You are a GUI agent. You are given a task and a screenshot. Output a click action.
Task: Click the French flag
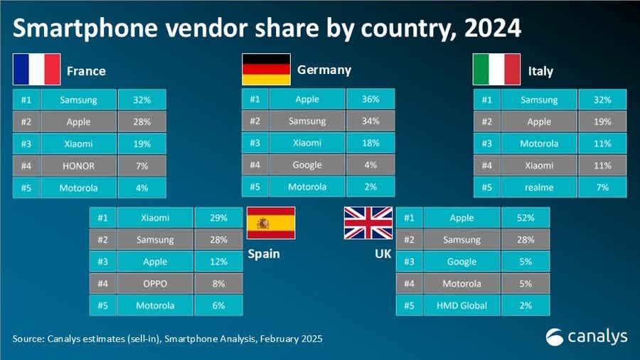pyautogui.click(x=36, y=70)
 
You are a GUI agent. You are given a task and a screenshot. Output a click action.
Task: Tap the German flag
pyautogui.click(x=266, y=70)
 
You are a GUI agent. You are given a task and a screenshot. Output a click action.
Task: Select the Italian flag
pyautogui.click(x=496, y=70)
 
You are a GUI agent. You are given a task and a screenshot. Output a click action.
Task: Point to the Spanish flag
pyautogui.click(x=270, y=223)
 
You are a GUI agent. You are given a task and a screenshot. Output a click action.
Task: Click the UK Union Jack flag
pyautogui.click(x=368, y=223)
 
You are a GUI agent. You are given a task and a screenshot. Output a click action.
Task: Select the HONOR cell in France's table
pyautogui.click(x=78, y=166)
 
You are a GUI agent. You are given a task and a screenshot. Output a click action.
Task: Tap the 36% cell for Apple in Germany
pyautogui.click(x=370, y=100)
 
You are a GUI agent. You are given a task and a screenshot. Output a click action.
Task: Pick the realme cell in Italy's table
pyautogui.click(x=539, y=187)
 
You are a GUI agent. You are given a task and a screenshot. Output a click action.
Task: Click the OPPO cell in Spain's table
pyautogui.click(x=155, y=283)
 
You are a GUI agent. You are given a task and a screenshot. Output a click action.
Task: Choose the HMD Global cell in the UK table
pyautogui.click(x=460, y=305)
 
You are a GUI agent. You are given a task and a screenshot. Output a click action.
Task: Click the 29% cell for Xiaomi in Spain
pyautogui.click(x=218, y=218)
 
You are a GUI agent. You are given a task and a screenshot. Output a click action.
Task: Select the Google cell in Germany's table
pyautogui.click(x=307, y=165)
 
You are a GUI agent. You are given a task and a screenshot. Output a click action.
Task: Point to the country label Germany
pyautogui.click(x=324, y=70)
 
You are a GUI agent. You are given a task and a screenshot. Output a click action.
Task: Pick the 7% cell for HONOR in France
pyautogui.click(x=142, y=166)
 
